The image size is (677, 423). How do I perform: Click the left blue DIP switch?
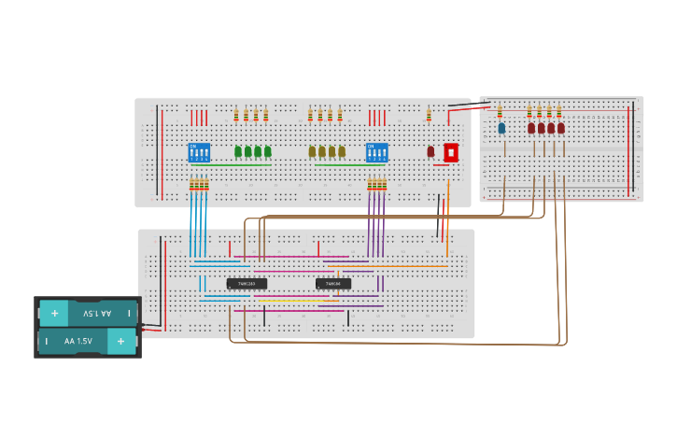point(199,152)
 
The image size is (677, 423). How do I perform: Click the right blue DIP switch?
point(376,152)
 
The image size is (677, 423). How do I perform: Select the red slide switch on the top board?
point(451,152)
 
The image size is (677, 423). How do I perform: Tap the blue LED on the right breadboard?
point(501,128)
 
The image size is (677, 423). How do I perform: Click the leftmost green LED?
point(238,151)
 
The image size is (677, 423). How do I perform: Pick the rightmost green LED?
point(268,151)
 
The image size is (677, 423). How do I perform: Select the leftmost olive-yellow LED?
point(312,151)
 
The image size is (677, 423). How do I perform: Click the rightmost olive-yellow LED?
point(342,151)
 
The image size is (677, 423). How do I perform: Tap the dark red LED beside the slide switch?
point(430,151)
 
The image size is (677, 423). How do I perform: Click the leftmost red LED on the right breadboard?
point(531,128)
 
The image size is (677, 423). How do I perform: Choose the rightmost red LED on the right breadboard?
point(561,128)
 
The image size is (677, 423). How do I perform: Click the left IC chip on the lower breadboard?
point(247,283)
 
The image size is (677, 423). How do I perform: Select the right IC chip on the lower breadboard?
point(333,283)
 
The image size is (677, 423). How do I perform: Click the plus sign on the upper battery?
point(54,314)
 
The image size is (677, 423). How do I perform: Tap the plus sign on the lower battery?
point(120,342)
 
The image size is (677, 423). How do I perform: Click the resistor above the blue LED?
point(500,111)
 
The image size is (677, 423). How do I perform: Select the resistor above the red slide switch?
point(430,115)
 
